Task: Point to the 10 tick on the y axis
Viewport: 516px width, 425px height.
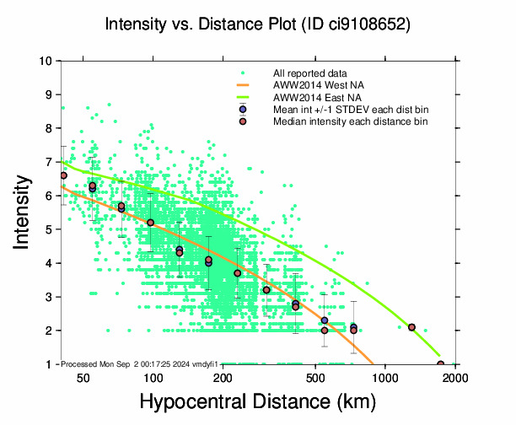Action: (50, 61)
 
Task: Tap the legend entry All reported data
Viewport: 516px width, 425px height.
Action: (310, 73)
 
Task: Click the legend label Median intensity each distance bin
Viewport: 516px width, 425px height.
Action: (350, 121)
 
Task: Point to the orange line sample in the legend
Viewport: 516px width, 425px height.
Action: (243, 85)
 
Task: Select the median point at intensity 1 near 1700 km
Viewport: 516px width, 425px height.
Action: (441, 364)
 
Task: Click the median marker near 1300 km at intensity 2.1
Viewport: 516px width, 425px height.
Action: (411, 327)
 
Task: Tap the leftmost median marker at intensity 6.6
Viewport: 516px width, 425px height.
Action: (63, 175)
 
